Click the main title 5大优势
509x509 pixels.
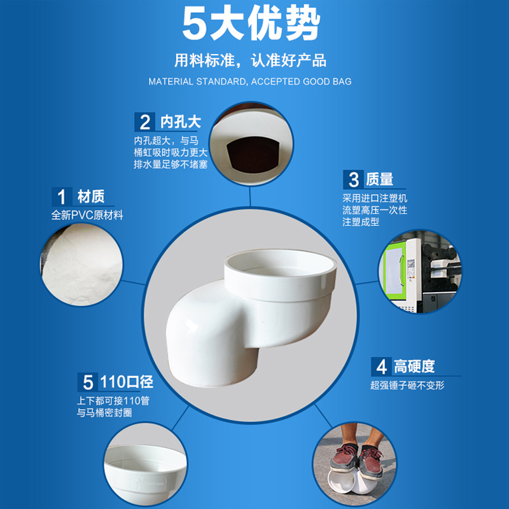pyautogui.click(x=251, y=24)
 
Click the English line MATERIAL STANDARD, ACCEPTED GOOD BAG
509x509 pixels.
pyautogui.click(x=250, y=81)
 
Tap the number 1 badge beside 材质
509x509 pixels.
pyautogui.click(x=62, y=197)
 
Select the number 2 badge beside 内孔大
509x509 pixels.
pyautogui.click(x=145, y=122)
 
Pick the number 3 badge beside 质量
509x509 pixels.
pyautogui.click(x=354, y=179)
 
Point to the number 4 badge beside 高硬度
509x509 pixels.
pyautogui.click(x=381, y=366)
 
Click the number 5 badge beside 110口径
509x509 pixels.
pyautogui.click(x=88, y=382)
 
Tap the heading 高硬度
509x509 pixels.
pyautogui.click(x=414, y=366)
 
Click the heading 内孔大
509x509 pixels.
pyautogui.click(x=181, y=122)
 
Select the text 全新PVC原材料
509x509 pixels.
pyautogui.click(x=87, y=215)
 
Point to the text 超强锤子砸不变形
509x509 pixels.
pyautogui.click(x=407, y=386)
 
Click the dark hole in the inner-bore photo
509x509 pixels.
pyautogui.click(x=253, y=155)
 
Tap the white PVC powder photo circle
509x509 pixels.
pyautogui.click(x=81, y=264)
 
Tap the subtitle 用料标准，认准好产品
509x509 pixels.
pyautogui.click(x=250, y=60)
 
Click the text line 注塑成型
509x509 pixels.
pyautogui.click(x=361, y=222)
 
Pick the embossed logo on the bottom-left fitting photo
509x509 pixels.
pyautogui.click(x=150, y=484)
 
